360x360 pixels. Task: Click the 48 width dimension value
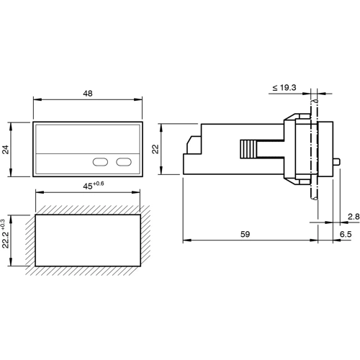87,94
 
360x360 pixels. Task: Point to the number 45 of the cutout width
88,185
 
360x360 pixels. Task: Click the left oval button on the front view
99,161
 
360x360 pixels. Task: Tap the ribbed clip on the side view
246,149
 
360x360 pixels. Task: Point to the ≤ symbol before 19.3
274,87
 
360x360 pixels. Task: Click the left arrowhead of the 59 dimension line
186,240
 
